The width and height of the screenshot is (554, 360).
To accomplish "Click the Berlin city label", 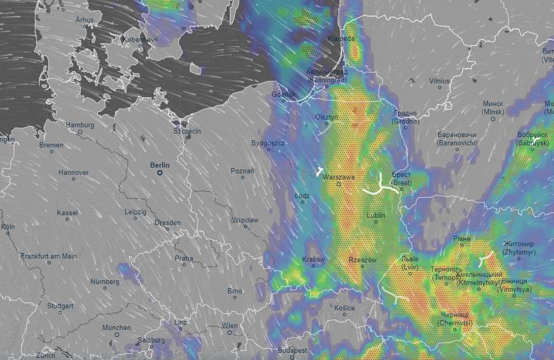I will [160, 165].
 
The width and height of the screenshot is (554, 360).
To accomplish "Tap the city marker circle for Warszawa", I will [339, 184].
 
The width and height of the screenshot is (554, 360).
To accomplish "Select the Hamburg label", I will [80, 125].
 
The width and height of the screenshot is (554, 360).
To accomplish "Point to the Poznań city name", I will [242, 170].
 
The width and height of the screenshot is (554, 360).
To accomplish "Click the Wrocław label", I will [245, 220].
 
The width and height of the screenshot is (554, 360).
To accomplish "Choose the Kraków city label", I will [313, 259].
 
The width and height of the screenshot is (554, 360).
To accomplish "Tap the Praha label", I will [184, 258].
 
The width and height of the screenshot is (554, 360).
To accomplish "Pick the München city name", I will [116, 327].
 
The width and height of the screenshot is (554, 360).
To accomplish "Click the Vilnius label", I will [440, 81].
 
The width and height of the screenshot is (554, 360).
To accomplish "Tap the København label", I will [140, 39].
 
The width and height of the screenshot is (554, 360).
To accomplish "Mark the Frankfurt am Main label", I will [49, 256].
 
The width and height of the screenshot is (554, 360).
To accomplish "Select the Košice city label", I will [344, 308].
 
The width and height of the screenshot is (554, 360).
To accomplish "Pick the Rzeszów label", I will [363, 260].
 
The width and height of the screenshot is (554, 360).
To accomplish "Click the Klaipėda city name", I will [341, 38].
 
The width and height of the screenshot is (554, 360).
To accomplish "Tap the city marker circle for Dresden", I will [167, 229].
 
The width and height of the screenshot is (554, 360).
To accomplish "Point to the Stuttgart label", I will [60, 306].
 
